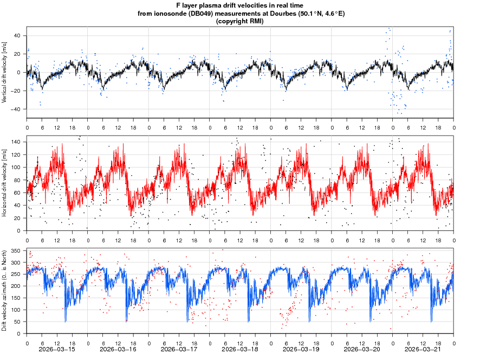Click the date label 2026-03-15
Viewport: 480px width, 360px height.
click(57, 349)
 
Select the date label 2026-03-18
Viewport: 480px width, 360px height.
click(241, 349)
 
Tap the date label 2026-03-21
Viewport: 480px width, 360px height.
click(424, 349)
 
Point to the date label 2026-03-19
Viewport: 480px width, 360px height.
click(302, 349)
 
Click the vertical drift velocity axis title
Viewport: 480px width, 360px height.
click(4, 72)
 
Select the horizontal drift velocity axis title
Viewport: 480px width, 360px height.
click(4, 183)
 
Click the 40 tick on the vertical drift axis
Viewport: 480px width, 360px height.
click(17, 36)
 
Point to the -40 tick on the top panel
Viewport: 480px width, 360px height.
click(16, 109)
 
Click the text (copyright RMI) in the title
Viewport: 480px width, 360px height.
click(239, 21)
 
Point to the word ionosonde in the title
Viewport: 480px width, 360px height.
click(171, 14)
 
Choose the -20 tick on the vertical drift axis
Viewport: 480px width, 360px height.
click(16, 91)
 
